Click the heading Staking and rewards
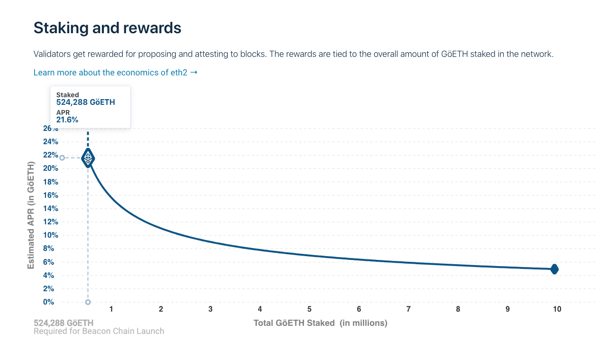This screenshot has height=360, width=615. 107,28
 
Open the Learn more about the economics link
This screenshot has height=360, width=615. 115,73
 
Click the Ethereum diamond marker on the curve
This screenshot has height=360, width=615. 88,158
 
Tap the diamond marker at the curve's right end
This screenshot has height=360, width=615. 554,269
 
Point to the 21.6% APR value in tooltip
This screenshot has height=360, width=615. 67,120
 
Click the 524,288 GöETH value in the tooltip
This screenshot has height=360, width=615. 85,102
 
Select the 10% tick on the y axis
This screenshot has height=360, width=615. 51,235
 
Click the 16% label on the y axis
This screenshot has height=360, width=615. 51,195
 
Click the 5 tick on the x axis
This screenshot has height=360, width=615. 309,309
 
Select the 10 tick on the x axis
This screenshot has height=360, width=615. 557,309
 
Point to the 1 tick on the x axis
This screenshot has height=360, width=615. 111,309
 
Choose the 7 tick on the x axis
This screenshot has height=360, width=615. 408,309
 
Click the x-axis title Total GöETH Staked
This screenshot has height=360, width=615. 320,323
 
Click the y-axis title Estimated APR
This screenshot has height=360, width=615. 31,215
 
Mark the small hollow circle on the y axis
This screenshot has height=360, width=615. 62,157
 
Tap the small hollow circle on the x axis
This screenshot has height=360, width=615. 88,302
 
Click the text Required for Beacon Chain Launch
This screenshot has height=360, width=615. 99,331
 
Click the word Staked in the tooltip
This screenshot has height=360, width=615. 67,95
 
